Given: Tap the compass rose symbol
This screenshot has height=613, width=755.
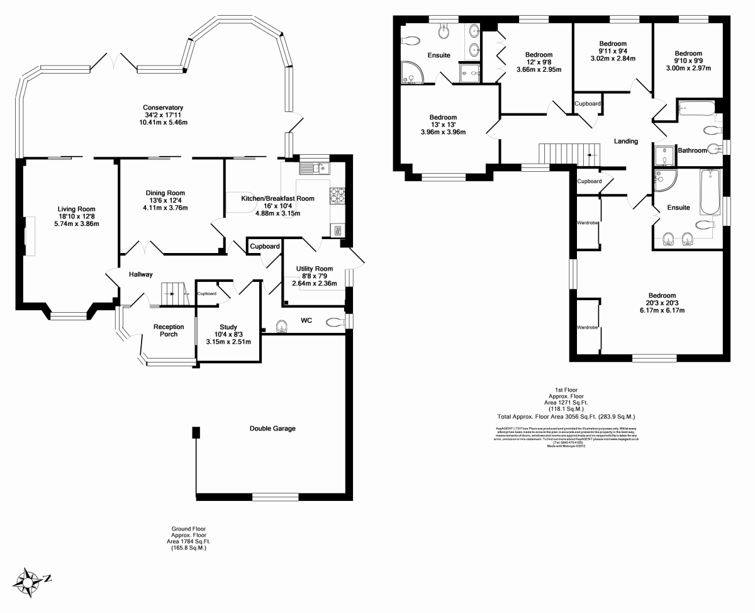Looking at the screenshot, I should (x=29, y=581).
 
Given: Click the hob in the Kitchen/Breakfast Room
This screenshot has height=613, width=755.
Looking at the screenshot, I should (x=337, y=195).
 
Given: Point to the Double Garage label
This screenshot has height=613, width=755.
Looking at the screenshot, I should (x=272, y=429).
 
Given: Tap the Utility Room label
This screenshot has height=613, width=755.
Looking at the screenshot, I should (x=315, y=269).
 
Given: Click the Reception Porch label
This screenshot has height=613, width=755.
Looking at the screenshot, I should (x=169, y=330).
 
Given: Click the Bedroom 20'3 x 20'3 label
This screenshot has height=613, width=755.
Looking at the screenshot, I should (x=662, y=296).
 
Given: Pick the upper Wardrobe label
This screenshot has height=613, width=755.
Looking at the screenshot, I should (x=588, y=223).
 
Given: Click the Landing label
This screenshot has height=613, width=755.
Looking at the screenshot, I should (x=625, y=141).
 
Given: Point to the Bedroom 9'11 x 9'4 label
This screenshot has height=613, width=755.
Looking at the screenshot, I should (x=612, y=43).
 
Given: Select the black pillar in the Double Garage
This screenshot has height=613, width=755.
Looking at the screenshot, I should (x=196, y=433).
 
